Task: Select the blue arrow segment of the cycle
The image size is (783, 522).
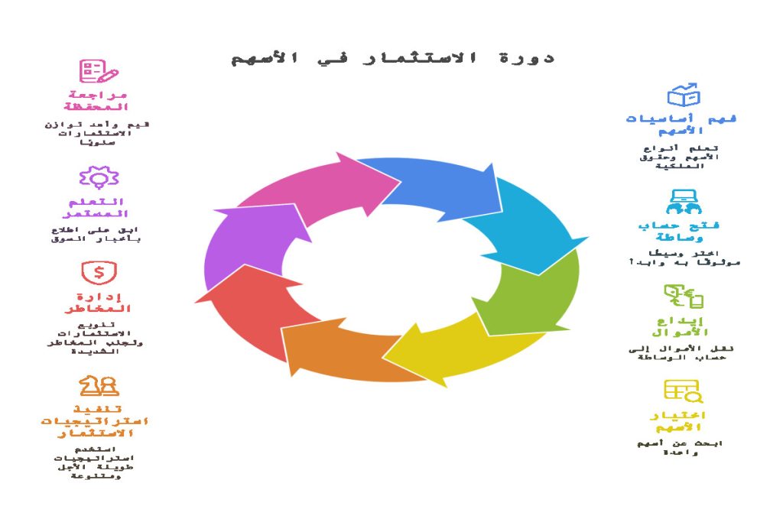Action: tap(436, 187)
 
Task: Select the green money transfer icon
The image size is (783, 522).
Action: tap(683, 297)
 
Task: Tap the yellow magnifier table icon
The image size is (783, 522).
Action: tap(683, 391)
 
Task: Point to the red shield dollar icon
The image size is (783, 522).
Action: tap(99, 272)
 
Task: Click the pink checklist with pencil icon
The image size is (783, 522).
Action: tap(99, 71)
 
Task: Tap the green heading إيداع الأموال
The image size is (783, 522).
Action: tap(683, 326)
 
